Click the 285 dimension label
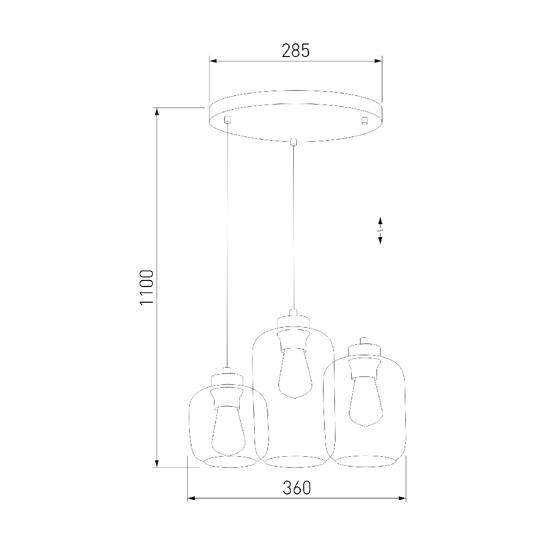295,51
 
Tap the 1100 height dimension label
146,287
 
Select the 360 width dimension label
296,488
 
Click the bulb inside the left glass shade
228,431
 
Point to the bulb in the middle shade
295,373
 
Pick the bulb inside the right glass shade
366,401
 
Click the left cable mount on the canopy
228,119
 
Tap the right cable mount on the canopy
364,120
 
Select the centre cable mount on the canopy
294,142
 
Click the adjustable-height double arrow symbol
380,230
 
